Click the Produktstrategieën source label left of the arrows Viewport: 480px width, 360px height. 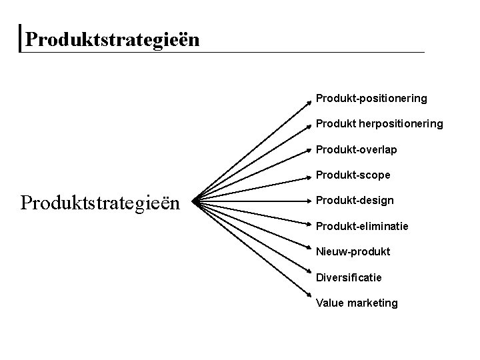[x=101, y=201]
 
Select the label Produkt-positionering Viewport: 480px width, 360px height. [x=371, y=99]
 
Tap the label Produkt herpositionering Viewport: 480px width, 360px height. [x=379, y=124]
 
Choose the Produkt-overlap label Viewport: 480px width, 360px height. [x=356, y=149]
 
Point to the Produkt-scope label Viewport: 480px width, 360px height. [x=353, y=175]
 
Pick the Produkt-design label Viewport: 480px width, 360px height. [x=354, y=201]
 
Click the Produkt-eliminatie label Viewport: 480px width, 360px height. [x=362, y=226]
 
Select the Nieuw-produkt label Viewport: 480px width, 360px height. [x=353, y=252]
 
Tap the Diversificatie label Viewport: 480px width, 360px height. [x=349, y=277]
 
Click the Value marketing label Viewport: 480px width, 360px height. [x=357, y=303]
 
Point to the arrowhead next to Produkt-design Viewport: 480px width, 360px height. [x=309, y=199]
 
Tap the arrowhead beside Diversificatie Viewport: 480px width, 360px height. [x=309, y=273]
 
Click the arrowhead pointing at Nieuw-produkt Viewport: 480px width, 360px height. [x=309, y=248]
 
